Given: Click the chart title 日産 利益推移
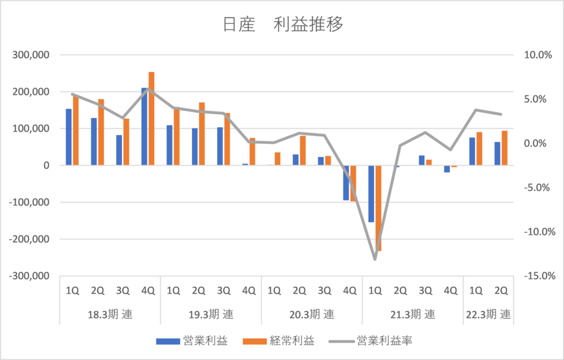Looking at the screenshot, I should [x=282, y=25].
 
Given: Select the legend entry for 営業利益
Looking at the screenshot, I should [x=193, y=340].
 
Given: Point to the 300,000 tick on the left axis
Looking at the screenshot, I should [x=31, y=55].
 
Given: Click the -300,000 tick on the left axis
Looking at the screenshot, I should [x=29, y=276].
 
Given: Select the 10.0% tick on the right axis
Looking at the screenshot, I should [x=537, y=55].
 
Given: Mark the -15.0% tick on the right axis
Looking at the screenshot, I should [x=536, y=276].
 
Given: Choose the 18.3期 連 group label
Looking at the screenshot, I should [x=110, y=315].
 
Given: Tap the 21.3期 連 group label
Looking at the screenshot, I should [x=413, y=315].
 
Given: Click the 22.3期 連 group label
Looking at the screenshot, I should [x=488, y=315].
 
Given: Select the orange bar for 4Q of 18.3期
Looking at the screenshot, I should [x=152, y=119].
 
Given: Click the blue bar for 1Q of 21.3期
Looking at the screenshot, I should [x=371, y=194].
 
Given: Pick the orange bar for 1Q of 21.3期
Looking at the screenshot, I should [x=379, y=208].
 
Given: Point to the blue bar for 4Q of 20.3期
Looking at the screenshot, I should [x=346, y=183].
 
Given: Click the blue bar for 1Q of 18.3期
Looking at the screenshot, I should [x=69, y=137].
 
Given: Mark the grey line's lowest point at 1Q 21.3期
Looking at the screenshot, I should [x=375, y=259].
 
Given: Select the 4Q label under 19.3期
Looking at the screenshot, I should [x=248, y=291].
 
